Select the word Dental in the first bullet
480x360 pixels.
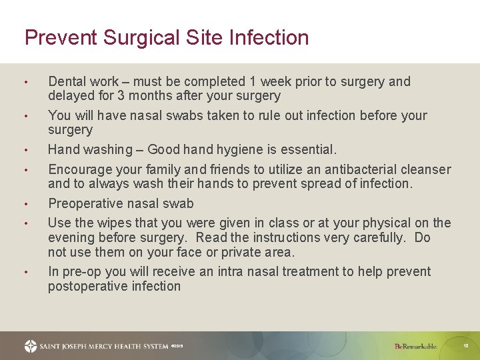67,81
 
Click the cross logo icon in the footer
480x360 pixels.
31,346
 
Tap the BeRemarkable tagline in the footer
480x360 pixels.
416,346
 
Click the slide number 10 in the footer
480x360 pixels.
467,346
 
